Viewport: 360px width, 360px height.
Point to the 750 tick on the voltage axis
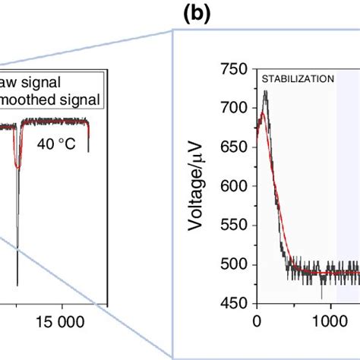(x=235, y=70)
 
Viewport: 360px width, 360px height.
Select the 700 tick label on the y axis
(x=235, y=109)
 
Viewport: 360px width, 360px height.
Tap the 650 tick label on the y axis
(x=235, y=147)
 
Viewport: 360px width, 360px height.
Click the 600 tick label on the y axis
(x=235, y=187)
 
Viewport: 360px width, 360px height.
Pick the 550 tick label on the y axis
(x=235, y=226)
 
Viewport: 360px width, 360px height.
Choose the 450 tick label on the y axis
(x=235, y=304)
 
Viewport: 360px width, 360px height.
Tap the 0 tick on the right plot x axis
(x=257, y=321)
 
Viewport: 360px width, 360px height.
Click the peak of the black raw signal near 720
(x=265, y=92)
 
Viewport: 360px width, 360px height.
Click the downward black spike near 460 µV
(x=322, y=297)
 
